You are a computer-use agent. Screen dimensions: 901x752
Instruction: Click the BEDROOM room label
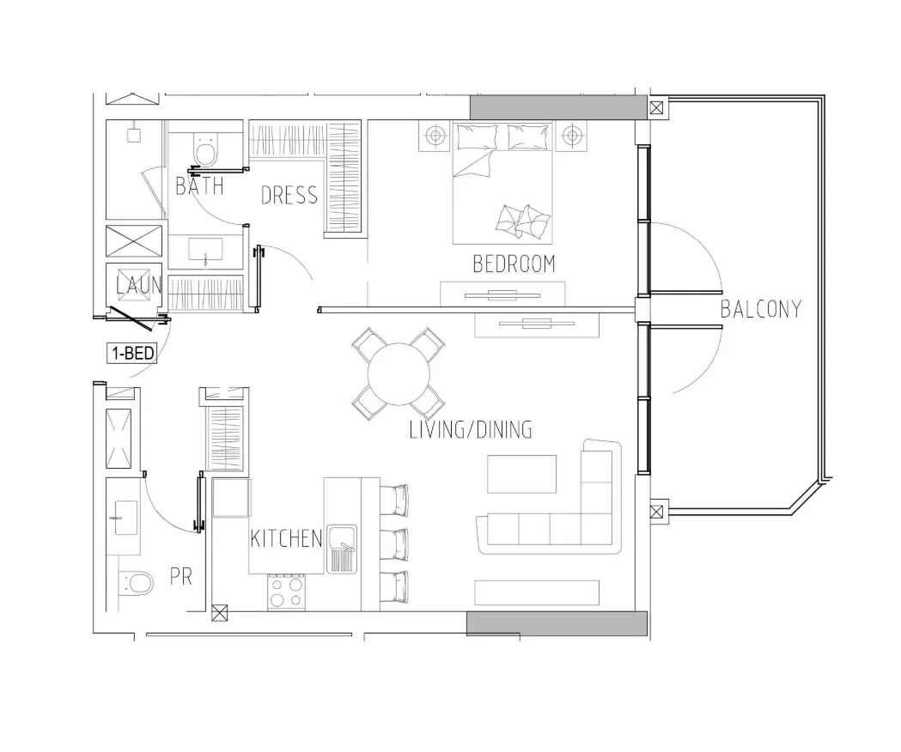514,264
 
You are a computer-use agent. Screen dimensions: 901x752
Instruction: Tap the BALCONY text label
761,310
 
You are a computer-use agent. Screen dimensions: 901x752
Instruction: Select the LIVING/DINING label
471,430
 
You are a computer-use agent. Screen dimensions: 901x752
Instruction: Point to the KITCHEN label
286,538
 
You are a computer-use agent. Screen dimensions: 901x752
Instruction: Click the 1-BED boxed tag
132,353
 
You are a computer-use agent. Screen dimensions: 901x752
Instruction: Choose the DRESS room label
289,196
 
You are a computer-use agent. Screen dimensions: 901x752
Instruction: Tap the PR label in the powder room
181,576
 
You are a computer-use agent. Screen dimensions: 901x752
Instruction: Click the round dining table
399,374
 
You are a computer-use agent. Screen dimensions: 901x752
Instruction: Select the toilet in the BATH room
205,149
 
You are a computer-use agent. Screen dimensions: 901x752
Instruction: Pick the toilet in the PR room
137,583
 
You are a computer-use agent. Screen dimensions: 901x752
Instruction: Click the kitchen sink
342,549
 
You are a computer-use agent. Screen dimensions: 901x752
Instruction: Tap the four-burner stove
286,593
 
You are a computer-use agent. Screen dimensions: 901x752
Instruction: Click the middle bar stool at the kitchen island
394,545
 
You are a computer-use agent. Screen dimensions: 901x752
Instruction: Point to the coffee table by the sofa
521,474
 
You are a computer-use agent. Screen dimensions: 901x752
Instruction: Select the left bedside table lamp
435,136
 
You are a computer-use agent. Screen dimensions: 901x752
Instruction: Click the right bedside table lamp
572,136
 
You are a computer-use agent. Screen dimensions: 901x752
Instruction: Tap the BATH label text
199,186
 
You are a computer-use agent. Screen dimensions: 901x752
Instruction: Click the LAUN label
139,286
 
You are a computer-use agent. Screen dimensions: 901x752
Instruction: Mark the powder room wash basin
126,517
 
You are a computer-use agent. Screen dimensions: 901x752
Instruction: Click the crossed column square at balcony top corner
657,107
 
